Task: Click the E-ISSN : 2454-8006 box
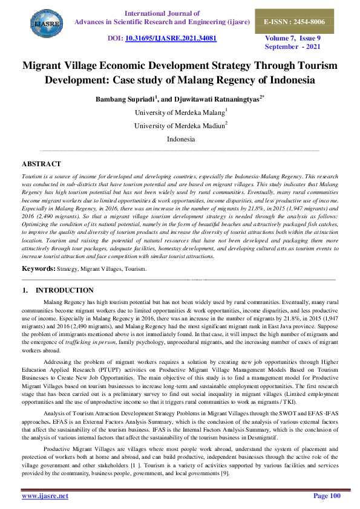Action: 302,21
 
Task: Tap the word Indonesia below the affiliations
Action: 180,139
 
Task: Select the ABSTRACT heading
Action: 41,164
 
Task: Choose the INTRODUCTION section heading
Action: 64,291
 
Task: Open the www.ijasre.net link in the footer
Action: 45,496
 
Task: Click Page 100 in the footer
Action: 327,496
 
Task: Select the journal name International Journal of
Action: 162,12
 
